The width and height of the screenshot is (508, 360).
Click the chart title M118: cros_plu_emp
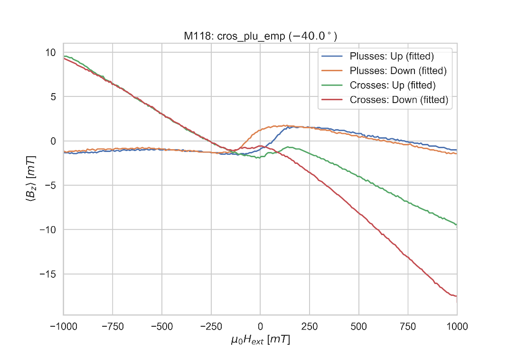[x=260, y=36]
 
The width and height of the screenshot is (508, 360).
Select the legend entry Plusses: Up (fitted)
[x=392, y=56]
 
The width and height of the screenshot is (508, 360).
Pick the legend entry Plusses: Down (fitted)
[x=398, y=71]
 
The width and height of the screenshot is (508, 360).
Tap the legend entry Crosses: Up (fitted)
[x=392, y=85]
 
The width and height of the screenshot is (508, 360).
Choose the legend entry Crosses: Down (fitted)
[x=399, y=100]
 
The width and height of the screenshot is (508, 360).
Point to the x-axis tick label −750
[x=112, y=326]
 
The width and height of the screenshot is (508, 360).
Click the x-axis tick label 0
[x=260, y=326]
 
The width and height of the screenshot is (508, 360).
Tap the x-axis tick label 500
[x=358, y=326]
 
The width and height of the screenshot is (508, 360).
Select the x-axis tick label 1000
[x=457, y=326]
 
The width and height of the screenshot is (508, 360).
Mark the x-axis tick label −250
[x=211, y=326]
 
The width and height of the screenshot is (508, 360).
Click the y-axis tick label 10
[x=50, y=52]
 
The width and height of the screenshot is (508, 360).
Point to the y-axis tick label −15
[x=47, y=274]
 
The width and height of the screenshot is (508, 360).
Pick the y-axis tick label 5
[x=53, y=97]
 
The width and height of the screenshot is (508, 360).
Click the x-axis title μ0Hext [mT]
[x=260, y=340]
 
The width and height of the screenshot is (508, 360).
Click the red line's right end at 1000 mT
[x=456, y=296]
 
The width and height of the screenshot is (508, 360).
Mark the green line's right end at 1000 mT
[x=456, y=224]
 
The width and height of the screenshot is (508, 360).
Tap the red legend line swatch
[x=333, y=100]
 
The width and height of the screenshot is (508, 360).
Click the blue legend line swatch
[x=333, y=56]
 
